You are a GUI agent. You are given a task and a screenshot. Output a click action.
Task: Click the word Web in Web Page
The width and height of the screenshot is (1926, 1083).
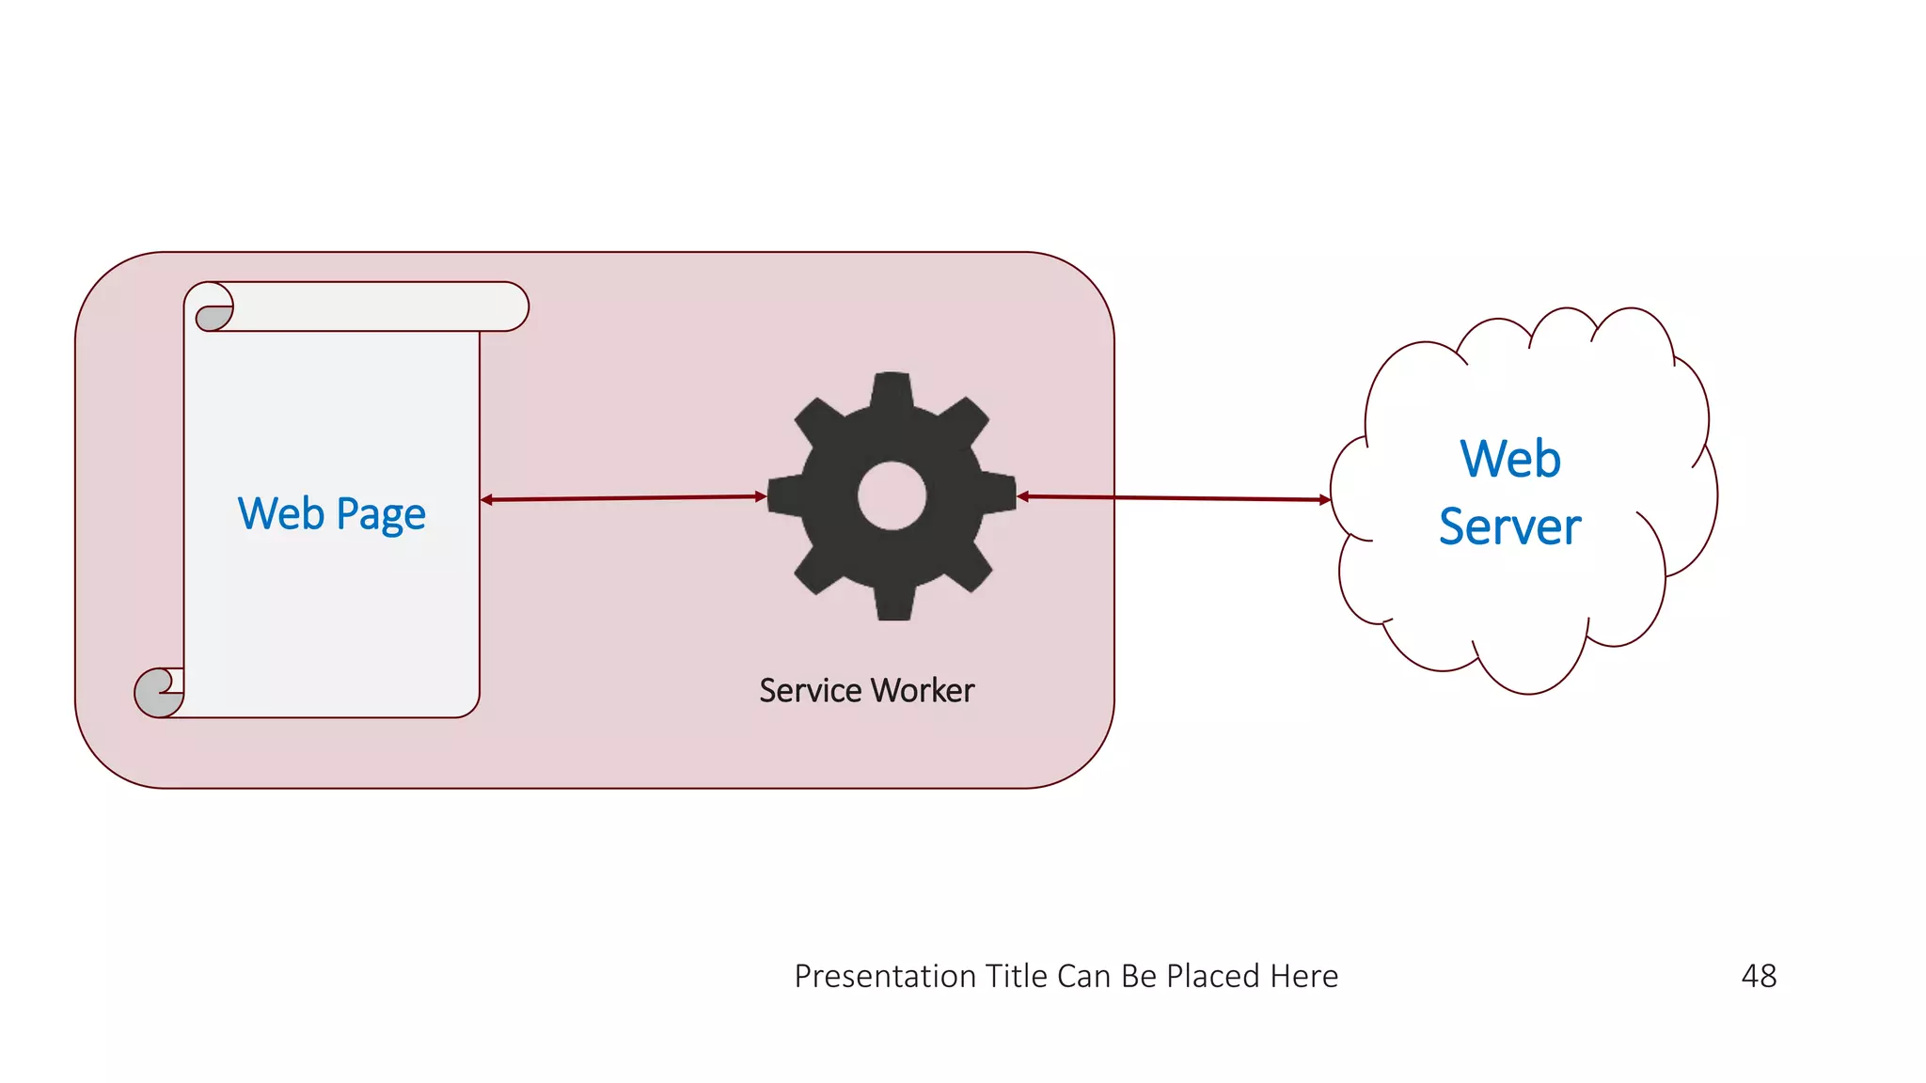point(280,513)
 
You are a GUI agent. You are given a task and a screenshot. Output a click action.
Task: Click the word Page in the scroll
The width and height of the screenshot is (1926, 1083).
point(381,515)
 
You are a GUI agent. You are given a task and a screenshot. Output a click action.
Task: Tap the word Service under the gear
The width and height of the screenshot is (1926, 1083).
point(810,690)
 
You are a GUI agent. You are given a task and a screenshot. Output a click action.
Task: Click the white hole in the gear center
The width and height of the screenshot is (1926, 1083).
point(892,495)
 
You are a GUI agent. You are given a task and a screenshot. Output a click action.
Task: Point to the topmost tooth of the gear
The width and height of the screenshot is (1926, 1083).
point(892,388)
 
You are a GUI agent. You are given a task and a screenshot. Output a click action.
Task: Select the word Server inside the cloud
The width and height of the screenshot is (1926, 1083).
point(1509,526)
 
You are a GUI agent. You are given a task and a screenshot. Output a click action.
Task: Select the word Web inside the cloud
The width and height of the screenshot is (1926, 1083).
point(1510,459)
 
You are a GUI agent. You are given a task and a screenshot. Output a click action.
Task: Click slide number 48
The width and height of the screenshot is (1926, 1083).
point(1759,976)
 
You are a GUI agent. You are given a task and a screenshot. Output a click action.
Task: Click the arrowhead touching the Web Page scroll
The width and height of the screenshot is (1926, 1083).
point(486,499)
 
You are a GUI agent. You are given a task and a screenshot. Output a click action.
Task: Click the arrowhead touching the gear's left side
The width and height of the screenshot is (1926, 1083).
point(761,496)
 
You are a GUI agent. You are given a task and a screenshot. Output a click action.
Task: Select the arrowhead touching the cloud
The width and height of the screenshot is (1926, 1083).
point(1325,499)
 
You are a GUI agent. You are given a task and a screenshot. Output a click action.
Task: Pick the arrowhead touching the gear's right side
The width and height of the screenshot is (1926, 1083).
point(1023,496)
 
